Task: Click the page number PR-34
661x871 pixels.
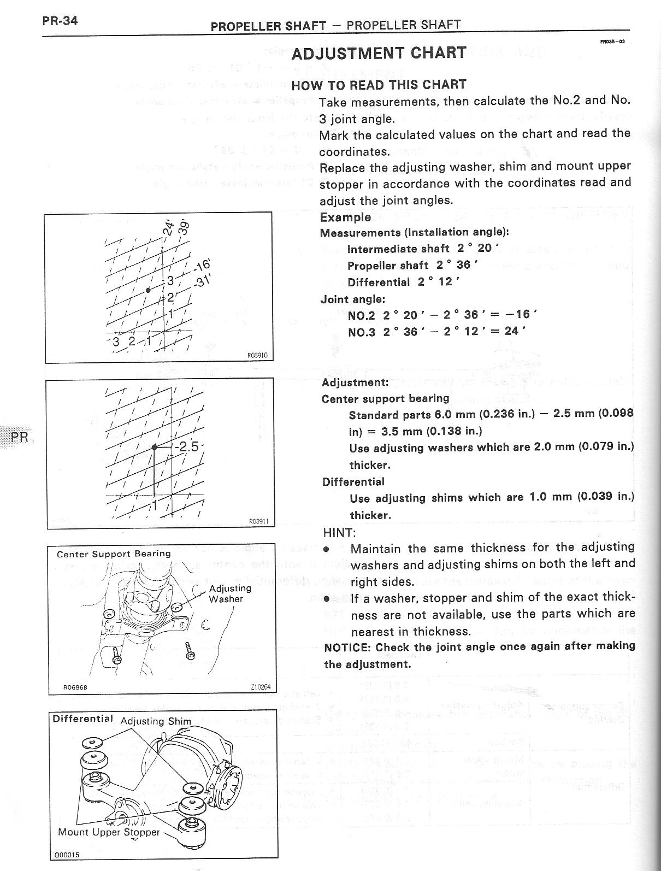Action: pos(61,21)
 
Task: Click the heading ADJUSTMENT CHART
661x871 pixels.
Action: pos(379,53)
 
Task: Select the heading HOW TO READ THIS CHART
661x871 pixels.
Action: pos(379,85)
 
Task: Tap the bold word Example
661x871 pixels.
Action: pos(345,217)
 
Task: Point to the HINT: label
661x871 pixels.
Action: pos(339,532)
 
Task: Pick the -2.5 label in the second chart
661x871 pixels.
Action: pos(187,446)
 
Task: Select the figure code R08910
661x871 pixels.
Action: pos(257,355)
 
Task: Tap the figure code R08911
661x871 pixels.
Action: pos(258,521)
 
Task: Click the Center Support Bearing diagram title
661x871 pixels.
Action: pos(114,554)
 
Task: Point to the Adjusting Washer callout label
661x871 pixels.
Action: pos(229,593)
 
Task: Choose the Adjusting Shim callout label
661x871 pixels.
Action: pos(156,721)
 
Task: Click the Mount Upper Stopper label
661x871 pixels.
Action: pos(109,832)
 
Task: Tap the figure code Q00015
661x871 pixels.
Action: pos(66,855)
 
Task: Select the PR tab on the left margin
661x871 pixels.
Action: pos(20,437)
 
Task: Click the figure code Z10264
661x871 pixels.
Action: pos(260,687)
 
